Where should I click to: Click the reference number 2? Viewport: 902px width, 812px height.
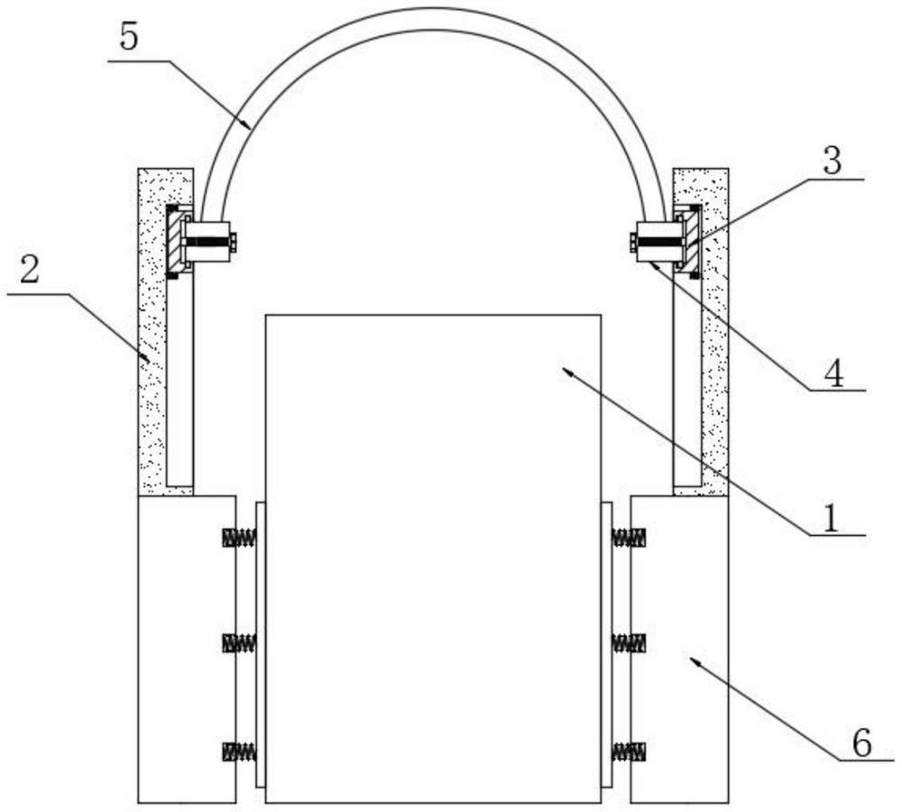(x=30, y=271)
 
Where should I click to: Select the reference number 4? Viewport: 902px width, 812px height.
(x=834, y=372)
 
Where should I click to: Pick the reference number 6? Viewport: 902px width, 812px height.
(x=861, y=743)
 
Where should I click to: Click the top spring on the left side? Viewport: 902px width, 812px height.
(x=240, y=538)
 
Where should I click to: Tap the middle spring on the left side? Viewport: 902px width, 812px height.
(x=240, y=642)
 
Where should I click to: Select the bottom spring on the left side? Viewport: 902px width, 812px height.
(x=240, y=751)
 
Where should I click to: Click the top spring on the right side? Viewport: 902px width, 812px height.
(x=629, y=538)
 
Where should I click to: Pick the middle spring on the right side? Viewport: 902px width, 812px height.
(x=629, y=642)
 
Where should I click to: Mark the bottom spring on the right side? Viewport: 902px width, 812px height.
(x=629, y=751)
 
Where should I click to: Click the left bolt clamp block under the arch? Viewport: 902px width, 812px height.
(x=207, y=241)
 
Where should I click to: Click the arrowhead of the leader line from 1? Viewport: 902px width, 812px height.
(x=565, y=369)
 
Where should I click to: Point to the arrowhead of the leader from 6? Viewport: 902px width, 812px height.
(x=694, y=660)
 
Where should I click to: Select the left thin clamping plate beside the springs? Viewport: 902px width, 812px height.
(x=260, y=643)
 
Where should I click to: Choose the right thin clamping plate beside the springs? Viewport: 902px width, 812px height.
(x=606, y=643)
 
